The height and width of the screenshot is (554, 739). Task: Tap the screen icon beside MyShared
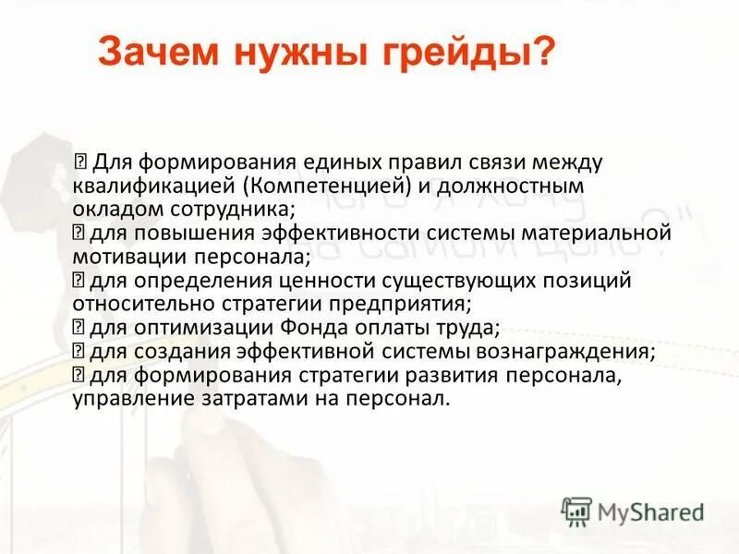click(576, 511)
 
